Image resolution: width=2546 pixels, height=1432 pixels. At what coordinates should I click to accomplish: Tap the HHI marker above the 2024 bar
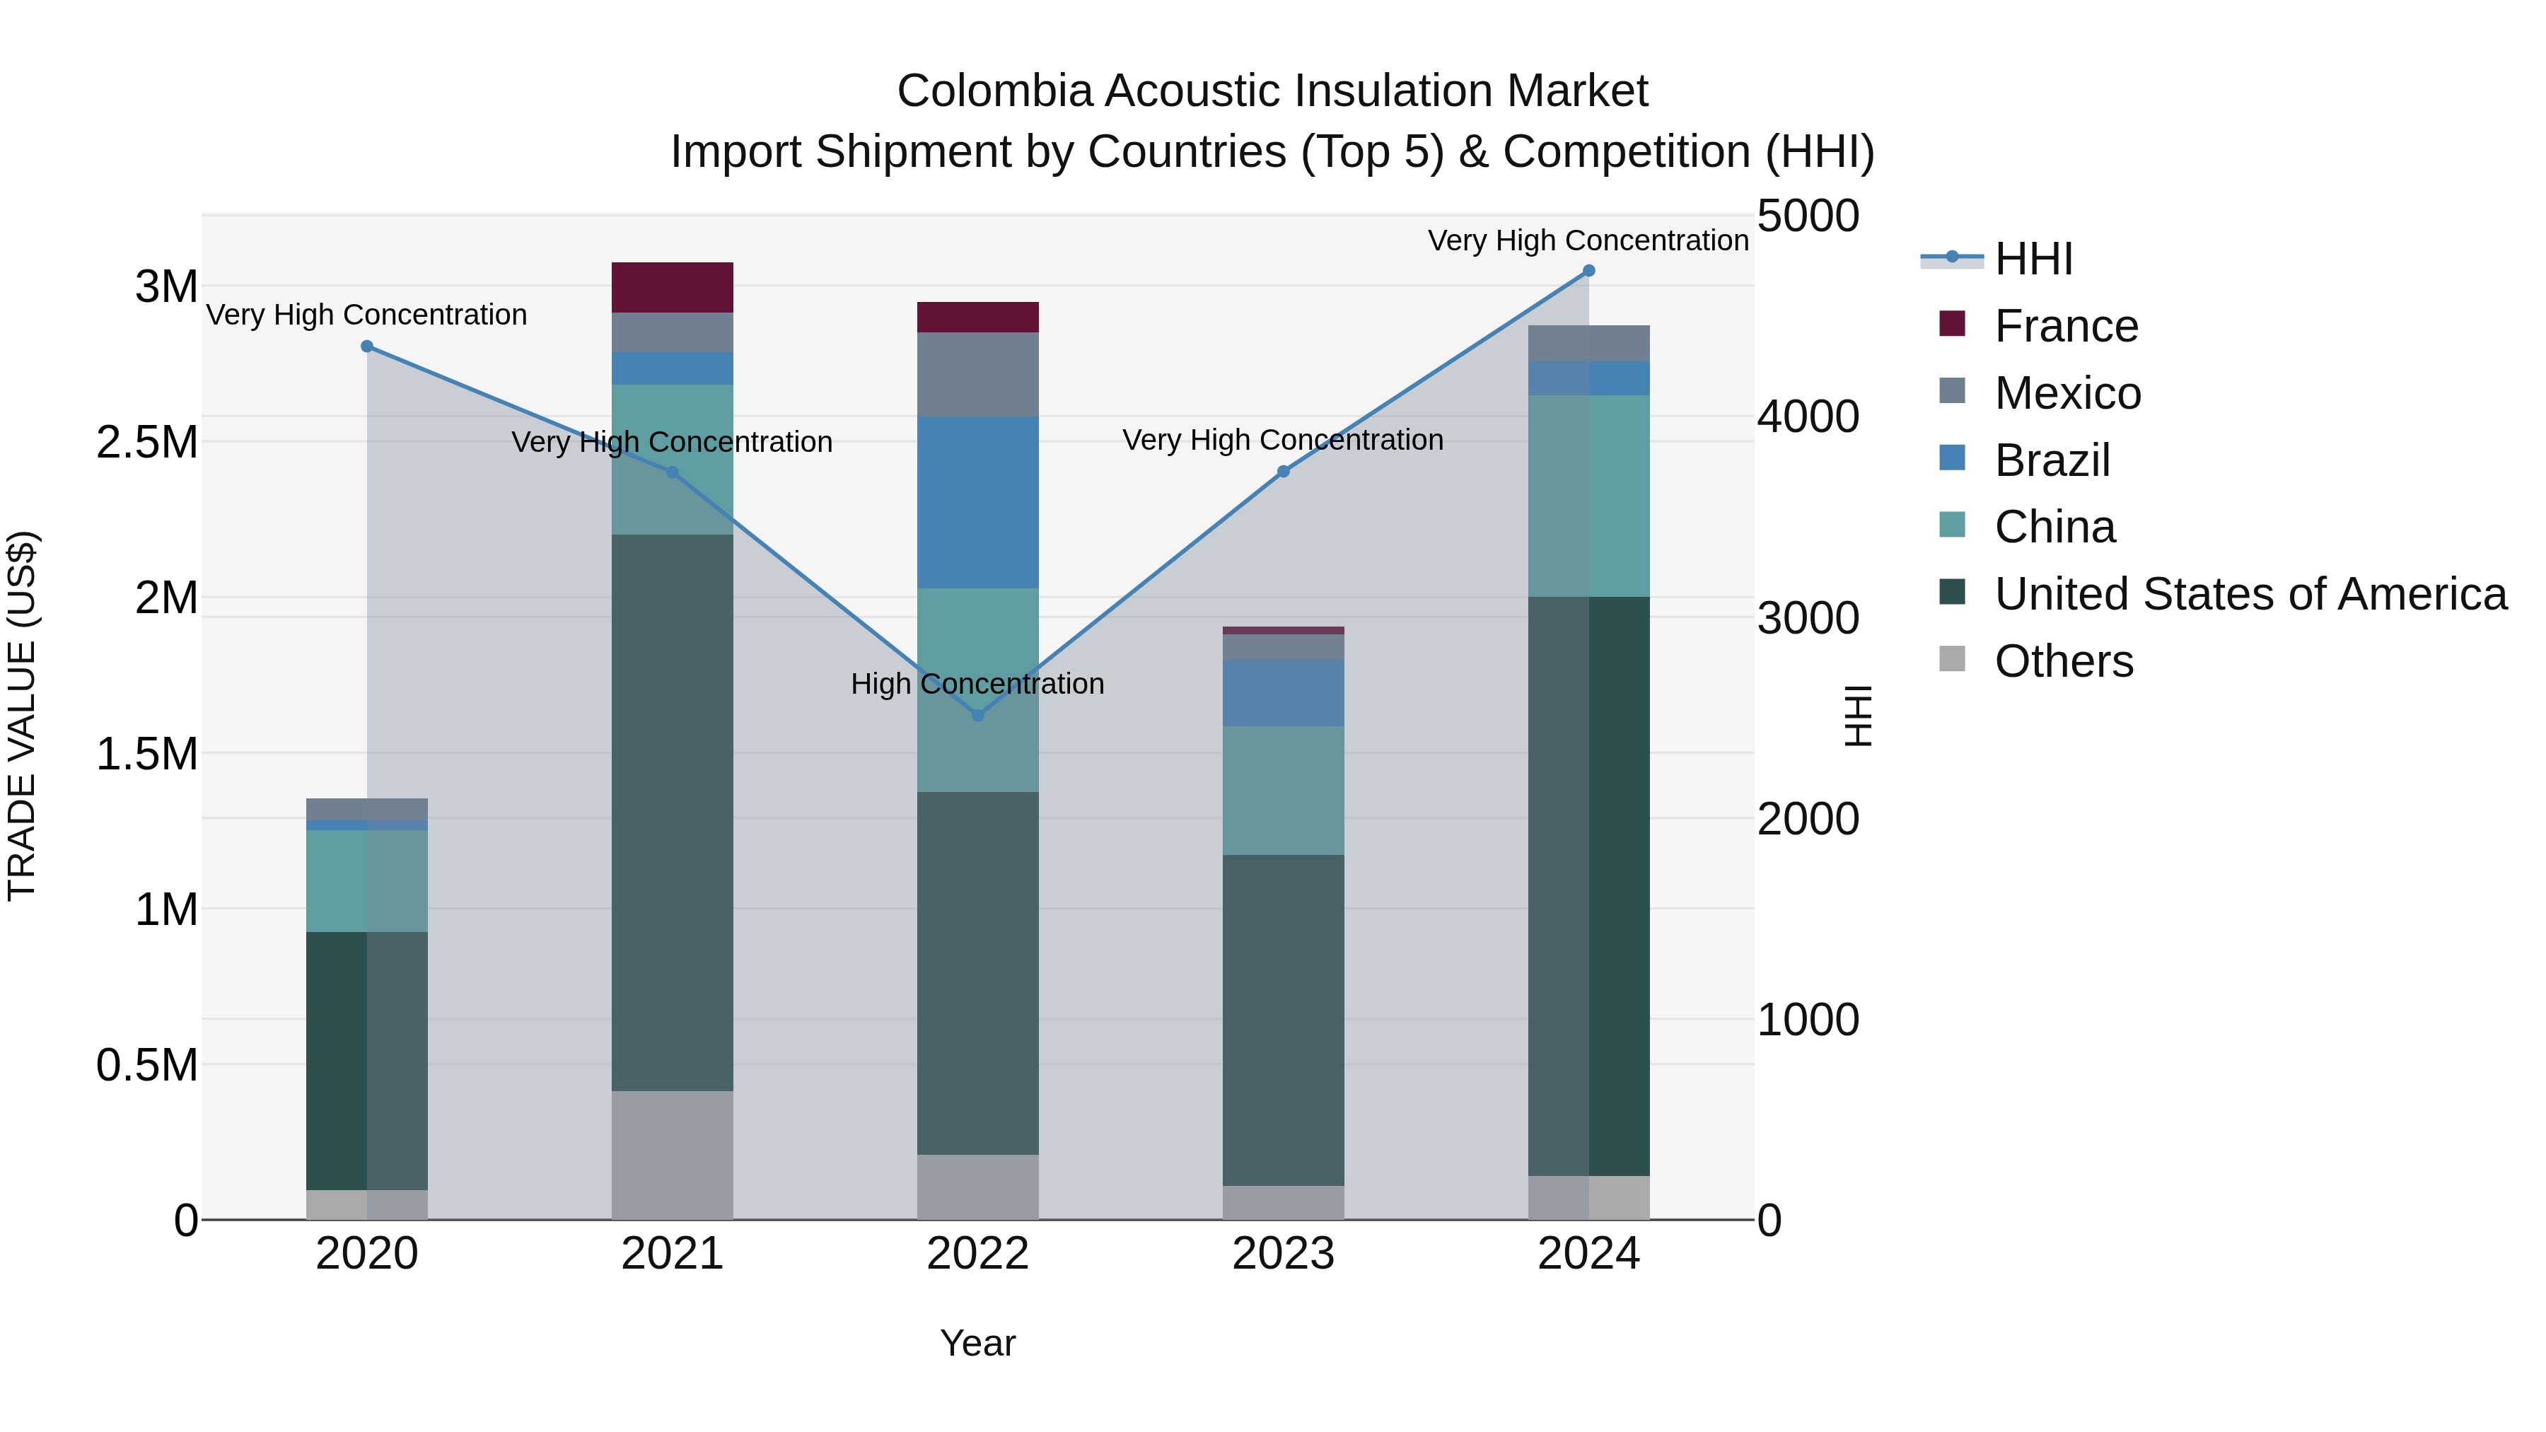pyautogui.click(x=1588, y=271)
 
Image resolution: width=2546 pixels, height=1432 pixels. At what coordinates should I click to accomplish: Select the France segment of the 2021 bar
pyautogui.click(x=672, y=288)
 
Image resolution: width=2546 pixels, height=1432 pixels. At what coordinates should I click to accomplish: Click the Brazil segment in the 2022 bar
pyautogui.click(x=977, y=502)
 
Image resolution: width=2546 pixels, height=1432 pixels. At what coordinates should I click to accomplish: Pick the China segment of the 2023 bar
pyautogui.click(x=1283, y=791)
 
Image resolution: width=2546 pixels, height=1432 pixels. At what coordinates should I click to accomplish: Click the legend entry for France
pyautogui.click(x=2066, y=326)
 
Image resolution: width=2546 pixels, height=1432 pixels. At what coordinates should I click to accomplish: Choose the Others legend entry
pyautogui.click(x=2063, y=661)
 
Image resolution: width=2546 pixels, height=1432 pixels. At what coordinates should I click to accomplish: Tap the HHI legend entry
pyautogui.click(x=2033, y=259)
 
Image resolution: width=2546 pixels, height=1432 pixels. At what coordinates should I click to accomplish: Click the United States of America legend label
pyautogui.click(x=2250, y=594)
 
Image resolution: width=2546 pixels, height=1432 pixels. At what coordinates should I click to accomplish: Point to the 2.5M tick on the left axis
pyautogui.click(x=147, y=443)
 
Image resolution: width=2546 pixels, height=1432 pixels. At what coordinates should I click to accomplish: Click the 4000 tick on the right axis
pyautogui.click(x=1808, y=417)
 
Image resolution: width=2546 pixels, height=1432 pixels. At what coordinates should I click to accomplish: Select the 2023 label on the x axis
pyautogui.click(x=1283, y=1254)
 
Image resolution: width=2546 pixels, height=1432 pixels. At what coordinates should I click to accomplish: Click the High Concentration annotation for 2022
pyautogui.click(x=977, y=684)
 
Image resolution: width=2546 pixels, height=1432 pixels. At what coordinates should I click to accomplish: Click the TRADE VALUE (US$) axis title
pyautogui.click(x=23, y=716)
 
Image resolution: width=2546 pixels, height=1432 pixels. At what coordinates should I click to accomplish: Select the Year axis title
pyautogui.click(x=977, y=1343)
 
